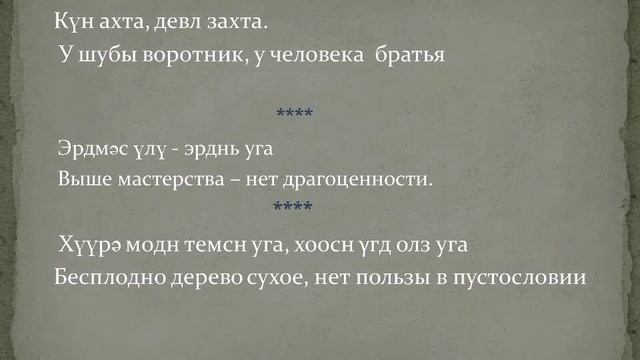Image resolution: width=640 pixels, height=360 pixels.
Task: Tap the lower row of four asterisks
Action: pyautogui.click(x=293, y=207)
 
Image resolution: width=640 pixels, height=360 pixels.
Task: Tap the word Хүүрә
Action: pyautogui.click(x=86, y=243)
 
